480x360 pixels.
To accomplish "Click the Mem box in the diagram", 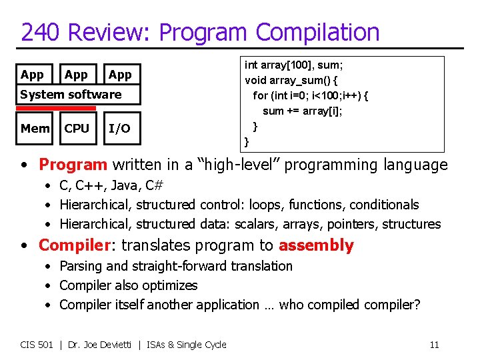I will (35, 128).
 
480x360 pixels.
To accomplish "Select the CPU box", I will (77, 128).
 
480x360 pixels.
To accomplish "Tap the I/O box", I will (119, 128).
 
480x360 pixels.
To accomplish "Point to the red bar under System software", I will (57, 108).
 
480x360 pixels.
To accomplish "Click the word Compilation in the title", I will (317, 32).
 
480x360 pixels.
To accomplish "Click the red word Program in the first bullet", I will (73, 165).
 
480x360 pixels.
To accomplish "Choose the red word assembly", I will (316, 245).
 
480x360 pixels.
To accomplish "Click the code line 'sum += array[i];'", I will (302, 111).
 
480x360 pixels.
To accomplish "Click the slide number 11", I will (434, 345).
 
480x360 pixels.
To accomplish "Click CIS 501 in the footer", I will (37, 345).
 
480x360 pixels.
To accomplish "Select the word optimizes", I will (172, 285).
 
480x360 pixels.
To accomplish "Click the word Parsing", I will (81, 266).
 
